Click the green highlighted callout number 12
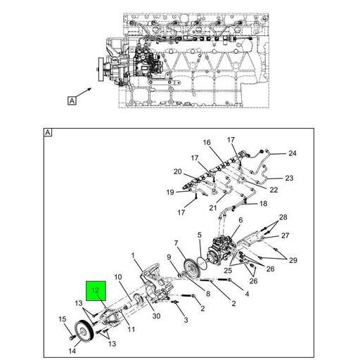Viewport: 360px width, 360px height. (x=96, y=290)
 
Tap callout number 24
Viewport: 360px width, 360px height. (x=292, y=153)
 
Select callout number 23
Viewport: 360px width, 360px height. (x=289, y=178)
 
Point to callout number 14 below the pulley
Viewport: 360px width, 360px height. (x=72, y=351)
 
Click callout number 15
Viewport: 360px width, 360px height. (x=63, y=319)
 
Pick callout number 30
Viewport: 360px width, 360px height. (x=156, y=316)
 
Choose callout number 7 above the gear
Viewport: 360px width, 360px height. (x=176, y=243)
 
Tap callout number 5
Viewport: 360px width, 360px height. (x=200, y=235)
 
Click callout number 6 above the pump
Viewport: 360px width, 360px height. (x=240, y=220)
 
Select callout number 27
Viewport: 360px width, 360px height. (x=285, y=236)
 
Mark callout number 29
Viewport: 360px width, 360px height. (x=293, y=260)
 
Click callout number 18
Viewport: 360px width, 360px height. (x=264, y=203)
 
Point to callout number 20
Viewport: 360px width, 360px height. (x=178, y=172)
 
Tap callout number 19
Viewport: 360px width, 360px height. (x=170, y=193)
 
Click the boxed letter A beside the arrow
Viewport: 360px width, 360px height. (x=72, y=101)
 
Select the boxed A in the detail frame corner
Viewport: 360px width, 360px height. (x=48, y=133)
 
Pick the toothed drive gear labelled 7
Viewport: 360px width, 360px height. (x=192, y=269)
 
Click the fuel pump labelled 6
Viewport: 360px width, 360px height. (x=221, y=250)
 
